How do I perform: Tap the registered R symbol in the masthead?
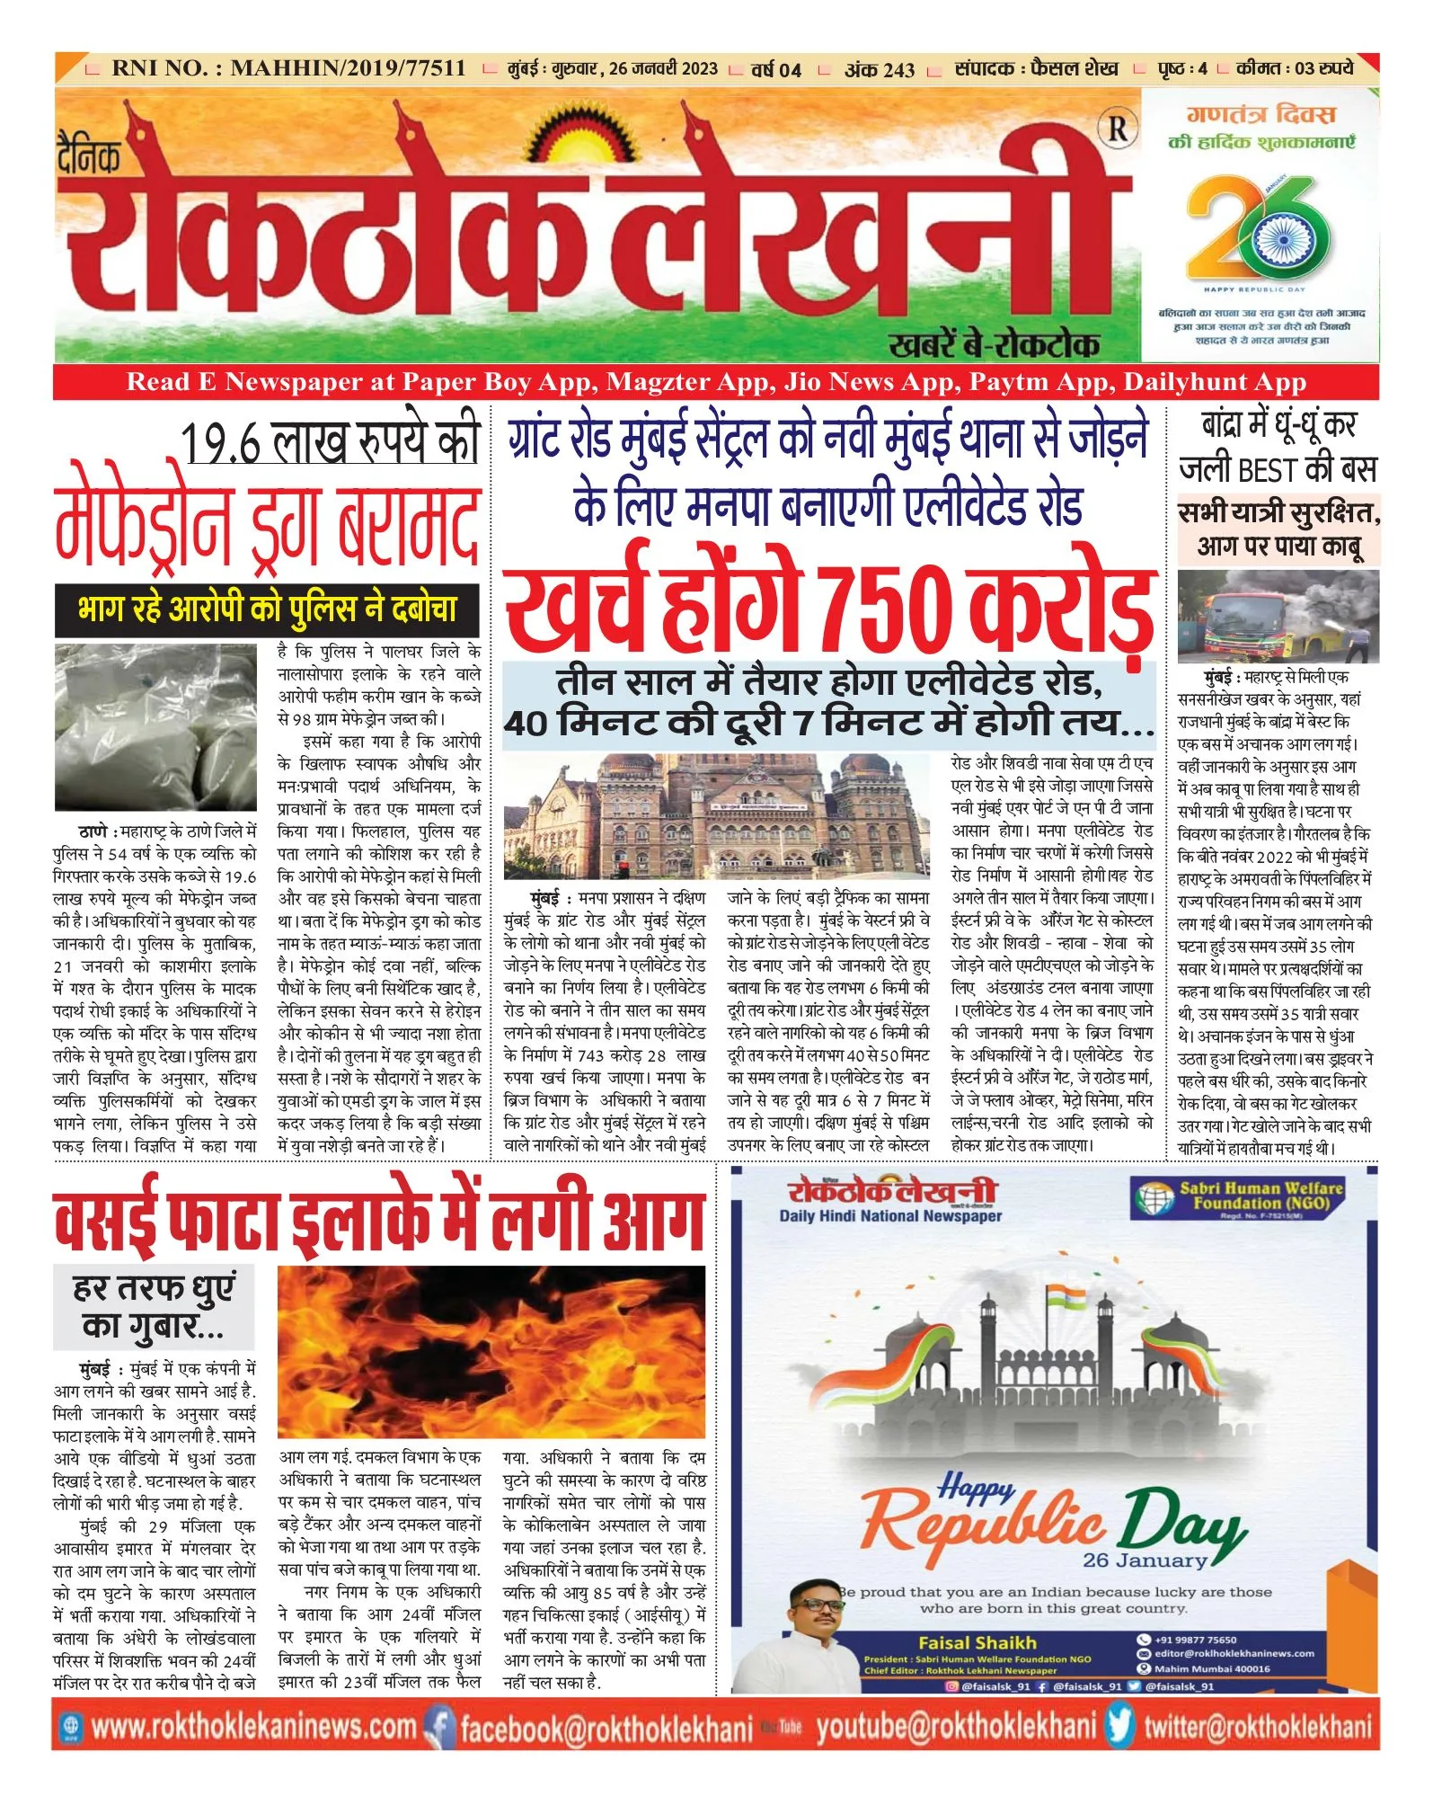point(1117,129)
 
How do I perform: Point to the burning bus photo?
point(1277,616)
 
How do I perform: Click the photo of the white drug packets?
point(155,726)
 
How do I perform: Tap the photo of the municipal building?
point(716,815)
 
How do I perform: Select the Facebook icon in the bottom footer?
point(438,1727)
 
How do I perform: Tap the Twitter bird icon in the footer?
point(1119,1727)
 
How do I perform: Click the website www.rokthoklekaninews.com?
point(253,1727)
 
